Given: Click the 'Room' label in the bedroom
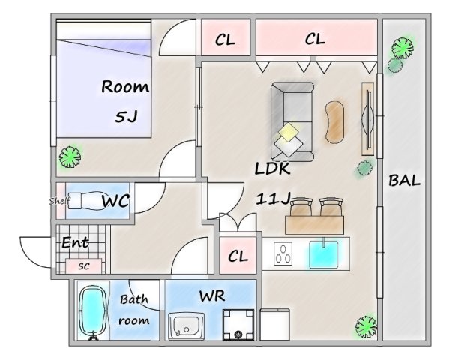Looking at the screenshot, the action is coord(125,86).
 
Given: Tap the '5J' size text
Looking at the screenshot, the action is coord(126,116).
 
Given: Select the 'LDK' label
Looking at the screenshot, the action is coord(272,169).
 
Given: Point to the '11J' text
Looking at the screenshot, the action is coord(273,199).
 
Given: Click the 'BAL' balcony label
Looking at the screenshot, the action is coord(404,181).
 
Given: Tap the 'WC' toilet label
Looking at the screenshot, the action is coord(115,201).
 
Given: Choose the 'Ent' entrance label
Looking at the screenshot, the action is coord(75,243).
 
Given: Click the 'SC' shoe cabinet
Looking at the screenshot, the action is coord(84,266).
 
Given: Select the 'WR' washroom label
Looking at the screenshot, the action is coord(212,295).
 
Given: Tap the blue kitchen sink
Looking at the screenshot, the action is coord(324,254).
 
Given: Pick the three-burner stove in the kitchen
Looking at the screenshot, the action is coord(283,253).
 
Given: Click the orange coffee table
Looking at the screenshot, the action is coord(334,121).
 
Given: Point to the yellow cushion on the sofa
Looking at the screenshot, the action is coord(289,132).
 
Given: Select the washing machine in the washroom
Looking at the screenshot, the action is coord(238,325).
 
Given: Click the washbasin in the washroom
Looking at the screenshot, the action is coord(186,326).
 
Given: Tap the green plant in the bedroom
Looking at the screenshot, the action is coord(70,157).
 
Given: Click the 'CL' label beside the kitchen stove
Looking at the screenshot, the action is coord(238,256).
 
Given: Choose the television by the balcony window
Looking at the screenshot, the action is coord(368,119).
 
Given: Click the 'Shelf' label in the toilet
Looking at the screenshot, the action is coord(59,201).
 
